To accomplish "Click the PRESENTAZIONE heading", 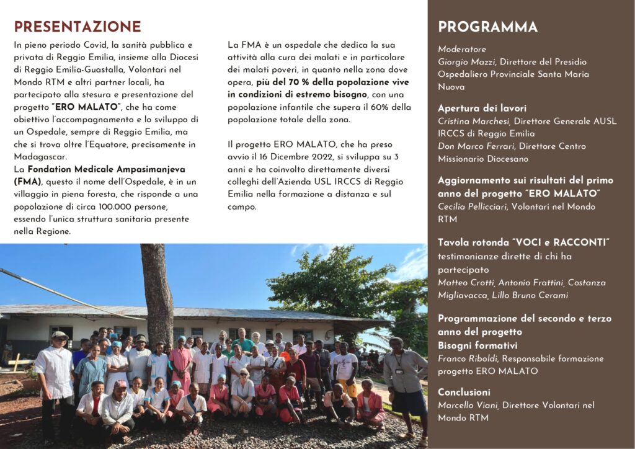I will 78,27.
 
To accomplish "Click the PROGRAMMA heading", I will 487,27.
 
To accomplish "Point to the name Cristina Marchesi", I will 474,121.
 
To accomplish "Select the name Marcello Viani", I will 468,405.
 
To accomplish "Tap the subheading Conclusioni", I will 464,392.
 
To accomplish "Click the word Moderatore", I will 462,49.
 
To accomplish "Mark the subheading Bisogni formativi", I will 477,345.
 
